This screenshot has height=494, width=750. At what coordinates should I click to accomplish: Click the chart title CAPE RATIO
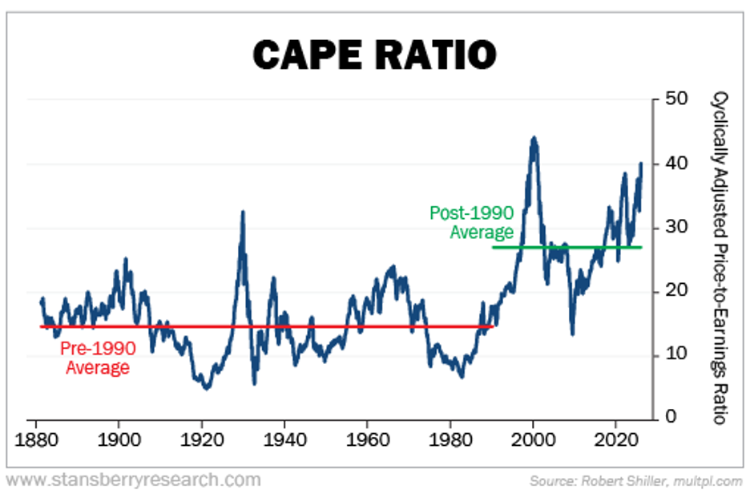374,55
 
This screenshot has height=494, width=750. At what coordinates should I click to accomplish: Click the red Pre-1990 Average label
98,358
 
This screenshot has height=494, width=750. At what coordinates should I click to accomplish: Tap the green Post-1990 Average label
471,223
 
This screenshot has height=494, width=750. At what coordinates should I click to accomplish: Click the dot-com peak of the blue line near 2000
534,138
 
